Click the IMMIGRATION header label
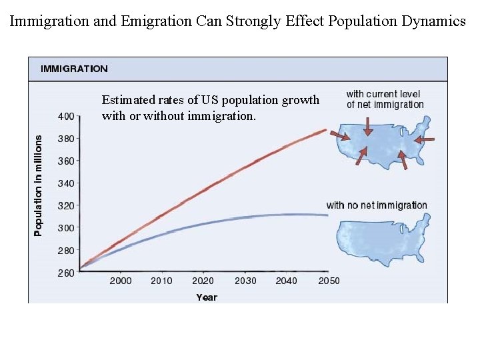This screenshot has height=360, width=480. click(x=74, y=69)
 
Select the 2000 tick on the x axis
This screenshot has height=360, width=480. click(x=121, y=281)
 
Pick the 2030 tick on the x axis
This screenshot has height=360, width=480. click(x=245, y=281)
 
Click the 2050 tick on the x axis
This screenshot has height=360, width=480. click(x=328, y=281)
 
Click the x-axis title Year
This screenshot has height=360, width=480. click(x=206, y=297)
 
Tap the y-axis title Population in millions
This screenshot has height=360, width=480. click(x=38, y=185)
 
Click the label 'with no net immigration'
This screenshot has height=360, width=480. click(x=377, y=205)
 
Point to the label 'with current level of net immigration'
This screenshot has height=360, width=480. click(x=385, y=99)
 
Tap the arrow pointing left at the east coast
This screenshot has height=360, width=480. click(x=427, y=139)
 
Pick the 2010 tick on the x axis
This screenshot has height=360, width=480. click(x=161, y=281)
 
